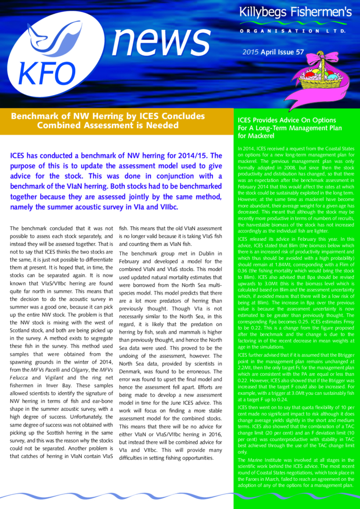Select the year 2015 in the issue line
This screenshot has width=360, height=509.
(x=250, y=52)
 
